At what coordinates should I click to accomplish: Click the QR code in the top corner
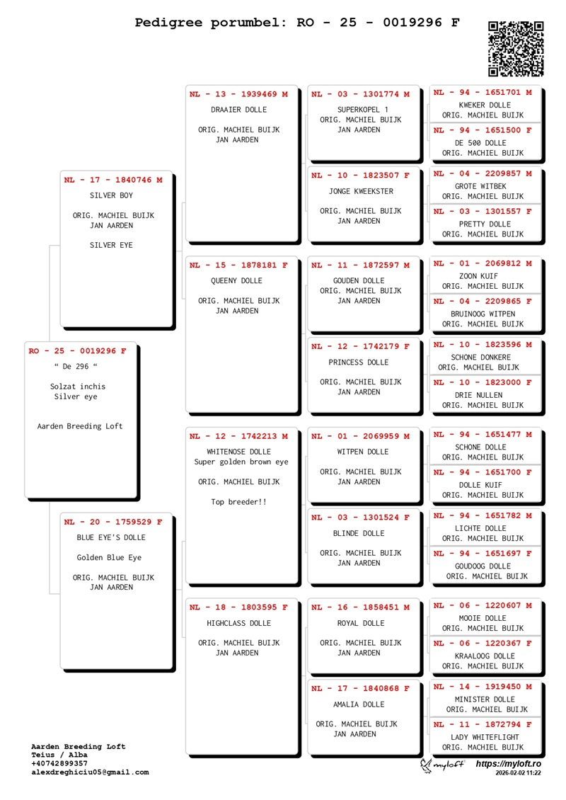[x=516, y=48]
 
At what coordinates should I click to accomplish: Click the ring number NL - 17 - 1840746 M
[x=113, y=180]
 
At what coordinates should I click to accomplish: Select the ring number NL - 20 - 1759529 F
[x=113, y=522]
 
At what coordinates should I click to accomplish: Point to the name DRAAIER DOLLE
[x=239, y=110]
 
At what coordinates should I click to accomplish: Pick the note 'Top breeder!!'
[x=239, y=503]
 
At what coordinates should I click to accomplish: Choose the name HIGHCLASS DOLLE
[x=239, y=624]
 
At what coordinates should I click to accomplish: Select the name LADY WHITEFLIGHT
[x=483, y=737]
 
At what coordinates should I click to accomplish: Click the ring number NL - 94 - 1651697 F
[x=483, y=553]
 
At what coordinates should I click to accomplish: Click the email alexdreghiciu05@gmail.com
[x=91, y=772]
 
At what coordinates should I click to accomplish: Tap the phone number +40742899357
[x=61, y=764]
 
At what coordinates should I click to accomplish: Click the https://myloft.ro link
[x=508, y=764]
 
